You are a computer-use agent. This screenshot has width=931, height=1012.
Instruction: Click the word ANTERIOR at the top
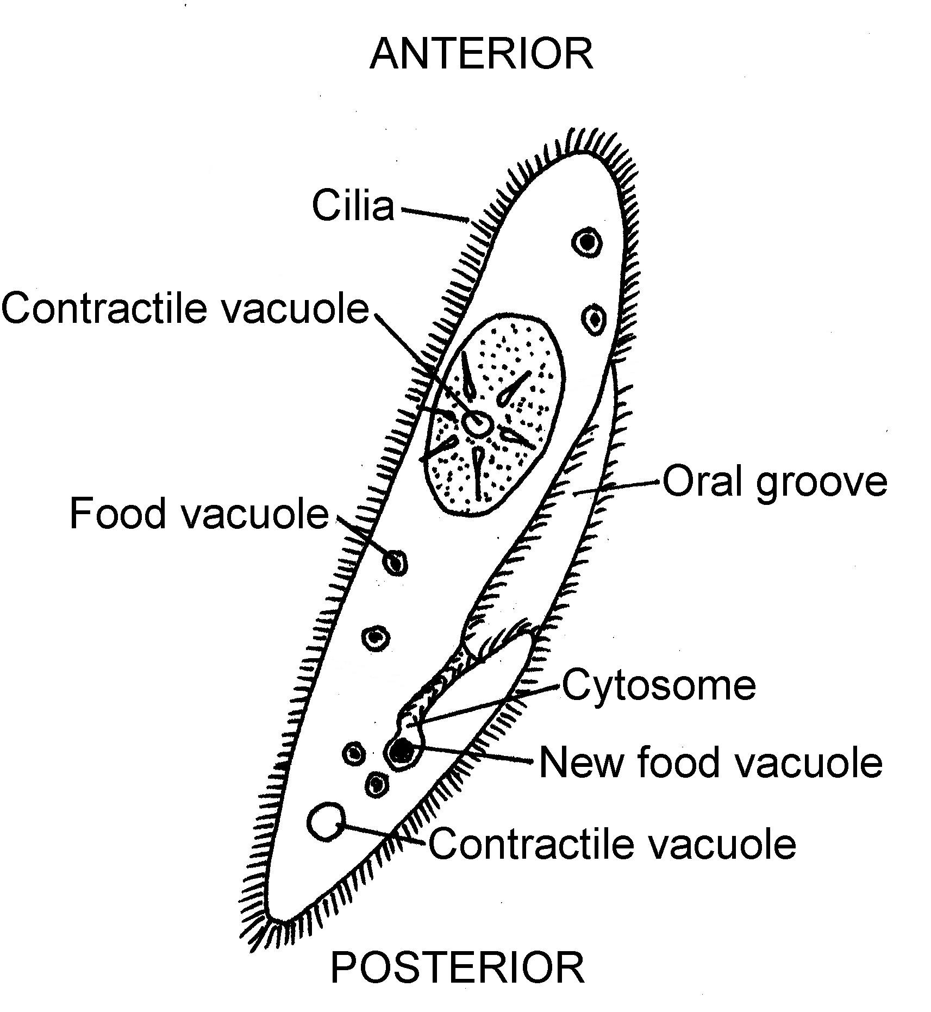tap(481, 54)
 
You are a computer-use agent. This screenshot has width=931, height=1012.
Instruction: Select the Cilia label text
tap(353, 206)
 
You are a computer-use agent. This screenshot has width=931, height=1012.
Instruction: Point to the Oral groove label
tap(774, 482)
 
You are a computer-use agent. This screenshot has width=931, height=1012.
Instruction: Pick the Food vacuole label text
tap(199, 513)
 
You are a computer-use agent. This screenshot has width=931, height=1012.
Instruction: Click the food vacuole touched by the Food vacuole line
tap(396, 562)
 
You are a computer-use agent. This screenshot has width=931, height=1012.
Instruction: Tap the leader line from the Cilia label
tap(435, 214)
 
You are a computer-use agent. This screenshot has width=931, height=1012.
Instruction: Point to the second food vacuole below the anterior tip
tap(594, 318)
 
